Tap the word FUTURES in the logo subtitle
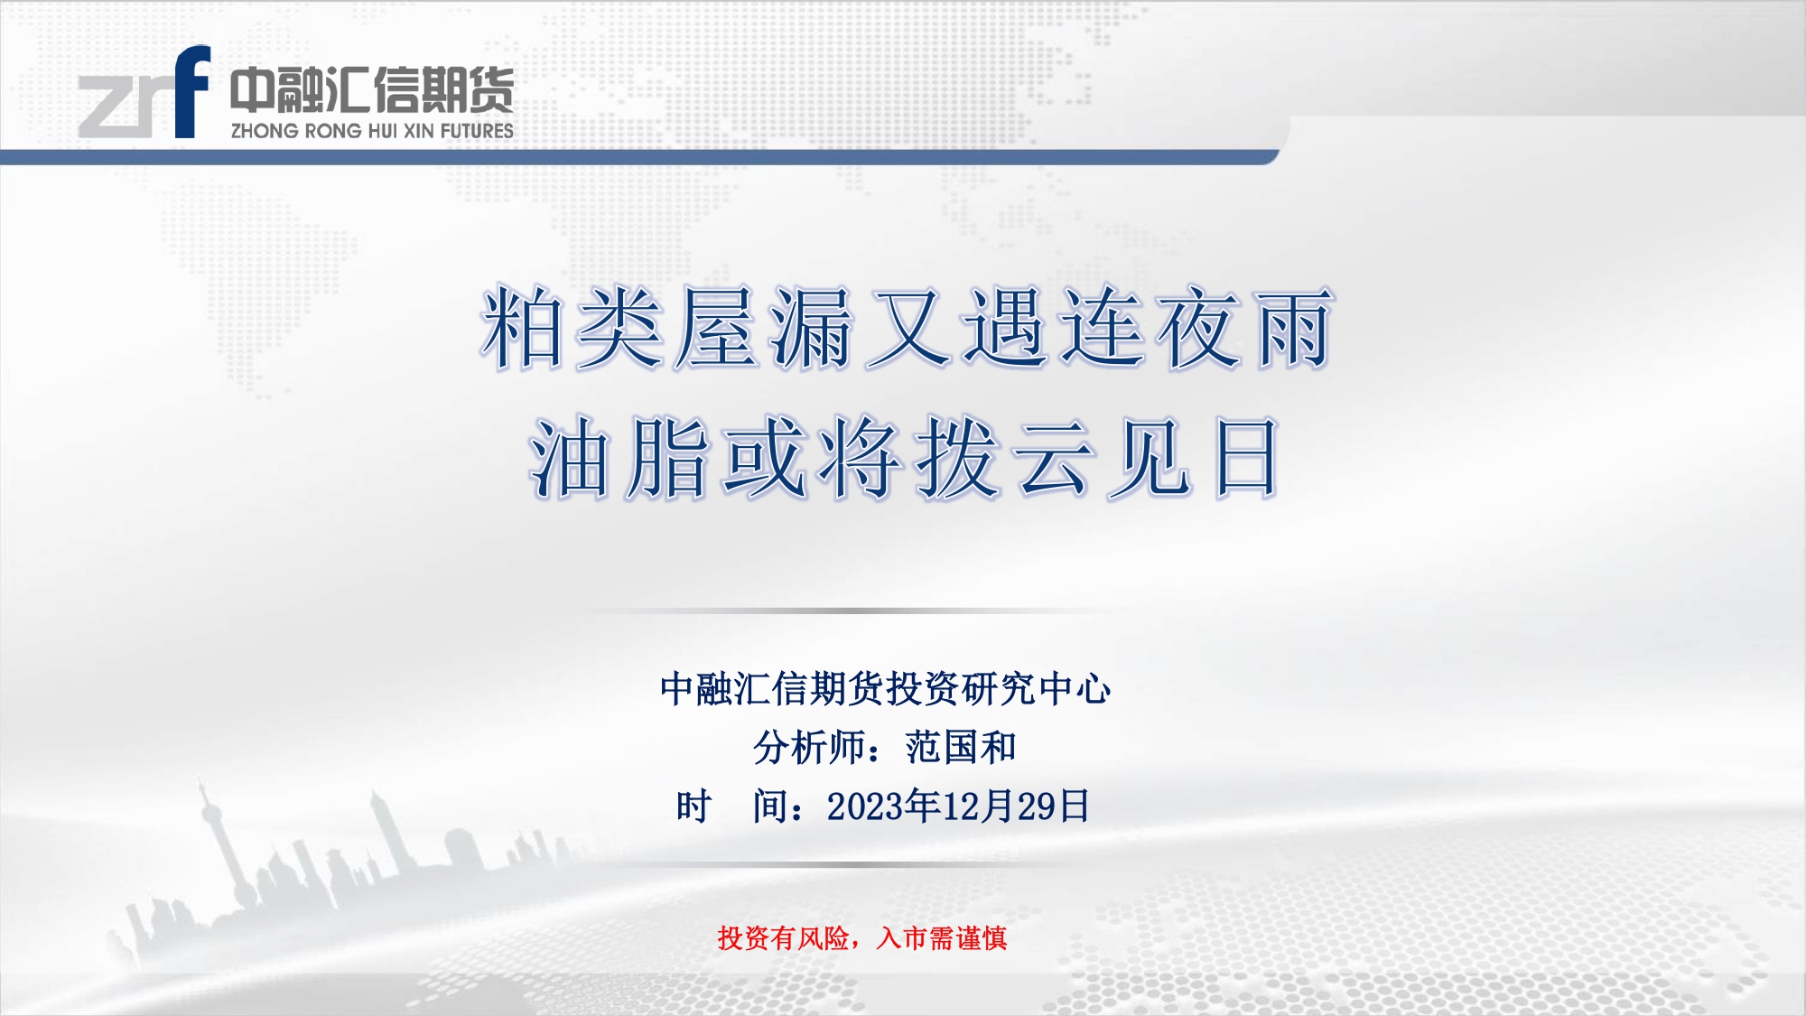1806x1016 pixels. [x=477, y=131]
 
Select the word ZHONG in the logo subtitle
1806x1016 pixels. [x=265, y=131]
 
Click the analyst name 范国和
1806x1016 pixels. [x=961, y=748]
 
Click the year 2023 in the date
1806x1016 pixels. [x=865, y=806]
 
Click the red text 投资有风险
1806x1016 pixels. [x=784, y=938]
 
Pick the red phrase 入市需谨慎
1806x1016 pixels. [x=942, y=938]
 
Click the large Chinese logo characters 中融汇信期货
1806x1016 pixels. [x=372, y=89]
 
